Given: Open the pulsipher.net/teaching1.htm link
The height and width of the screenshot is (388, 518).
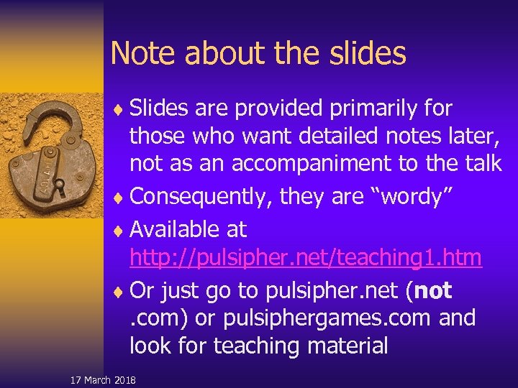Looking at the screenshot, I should (x=306, y=257).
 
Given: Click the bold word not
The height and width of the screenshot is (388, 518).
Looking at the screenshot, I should (x=434, y=290).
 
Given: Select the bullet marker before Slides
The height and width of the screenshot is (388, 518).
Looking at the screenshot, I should (x=118, y=110).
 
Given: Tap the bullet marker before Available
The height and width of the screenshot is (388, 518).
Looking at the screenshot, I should (x=118, y=231).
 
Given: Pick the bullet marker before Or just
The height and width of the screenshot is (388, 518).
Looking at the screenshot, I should (x=118, y=292).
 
